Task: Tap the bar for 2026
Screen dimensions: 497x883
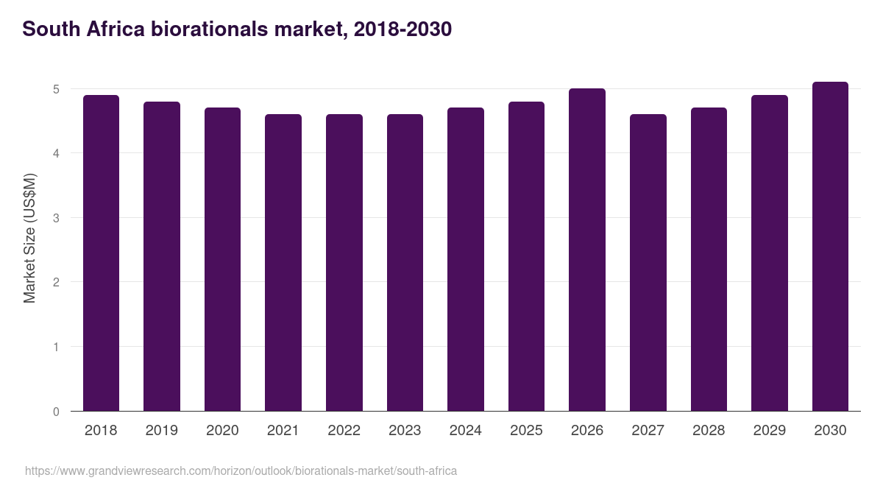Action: click(x=587, y=250)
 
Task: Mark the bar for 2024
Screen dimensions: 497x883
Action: click(x=466, y=259)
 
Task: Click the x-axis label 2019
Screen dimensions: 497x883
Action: click(x=162, y=431)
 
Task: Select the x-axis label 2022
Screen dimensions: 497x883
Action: click(x=344, y=431)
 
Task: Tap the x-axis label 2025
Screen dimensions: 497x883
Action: click(x=526, y=431)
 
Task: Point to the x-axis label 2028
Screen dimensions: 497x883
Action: click(x=709, y=431)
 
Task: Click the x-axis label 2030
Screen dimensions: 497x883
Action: click(x=830, y=431)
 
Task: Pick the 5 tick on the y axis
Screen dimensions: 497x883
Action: click(x=55, y=89)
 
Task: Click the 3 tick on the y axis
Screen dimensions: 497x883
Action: click(x=55, y=218)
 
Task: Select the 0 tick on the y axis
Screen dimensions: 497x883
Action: click(x=55, y=412)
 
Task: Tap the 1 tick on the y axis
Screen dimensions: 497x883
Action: click(x=55, y=347)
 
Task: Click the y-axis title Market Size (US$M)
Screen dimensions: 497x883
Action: click(x=29, y=238)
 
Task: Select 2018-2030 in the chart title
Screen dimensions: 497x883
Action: click(x=403, y=29)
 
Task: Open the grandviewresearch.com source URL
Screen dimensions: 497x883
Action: click(x=241, y=470)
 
